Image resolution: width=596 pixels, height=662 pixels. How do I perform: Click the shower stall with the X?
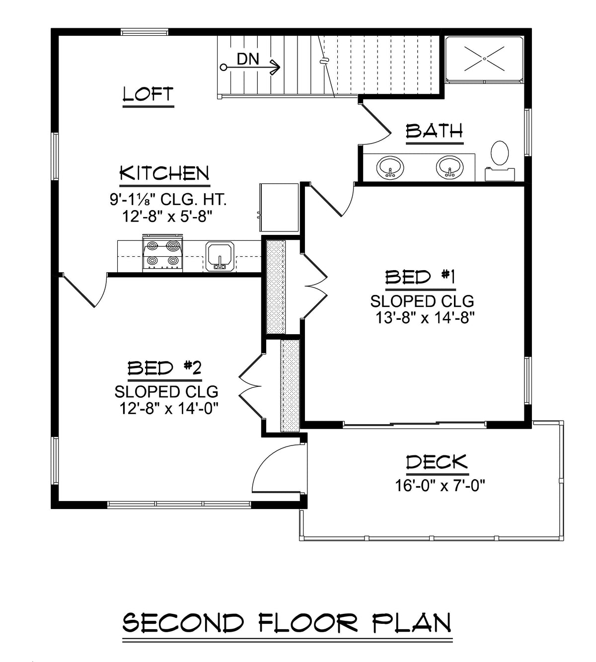click(x=484, y=59)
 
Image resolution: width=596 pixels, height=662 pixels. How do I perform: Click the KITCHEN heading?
click(x=164, y=174)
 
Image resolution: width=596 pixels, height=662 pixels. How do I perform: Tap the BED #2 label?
click(x=164, y=368)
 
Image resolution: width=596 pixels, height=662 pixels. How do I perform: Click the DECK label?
click(x=437, y=462)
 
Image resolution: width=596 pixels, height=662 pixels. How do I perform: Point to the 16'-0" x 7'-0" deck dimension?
click(x=440, y=485)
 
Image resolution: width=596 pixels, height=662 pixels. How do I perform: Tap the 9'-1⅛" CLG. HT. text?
click(x=168, y=200)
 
